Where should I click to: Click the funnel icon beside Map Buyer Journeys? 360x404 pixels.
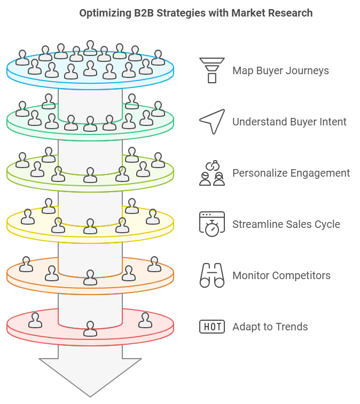[x=212, y=70]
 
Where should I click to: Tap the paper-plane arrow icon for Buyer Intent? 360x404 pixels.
[x=212, y=122]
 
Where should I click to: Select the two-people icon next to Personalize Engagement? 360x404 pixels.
[x=212, y=173]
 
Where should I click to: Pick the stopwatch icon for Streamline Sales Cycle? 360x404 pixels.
[x=212, y=224]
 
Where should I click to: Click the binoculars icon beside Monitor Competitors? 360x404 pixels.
[x=212, y=275]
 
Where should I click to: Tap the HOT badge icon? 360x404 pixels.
[x=212, y=327]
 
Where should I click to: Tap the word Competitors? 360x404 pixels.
[x=301, y=276]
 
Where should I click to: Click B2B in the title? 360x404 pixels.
[x=144, y=13]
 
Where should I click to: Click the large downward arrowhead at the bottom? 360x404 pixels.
[x=90, y=377]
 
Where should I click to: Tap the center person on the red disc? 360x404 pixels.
[x=90, y=329]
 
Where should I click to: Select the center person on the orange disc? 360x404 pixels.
[x=90, y=277]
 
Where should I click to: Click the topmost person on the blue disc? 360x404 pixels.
[x=90, y=48]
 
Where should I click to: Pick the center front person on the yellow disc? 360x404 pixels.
[x=90, y=226]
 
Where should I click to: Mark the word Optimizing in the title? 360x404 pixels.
[x=105, y=13]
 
